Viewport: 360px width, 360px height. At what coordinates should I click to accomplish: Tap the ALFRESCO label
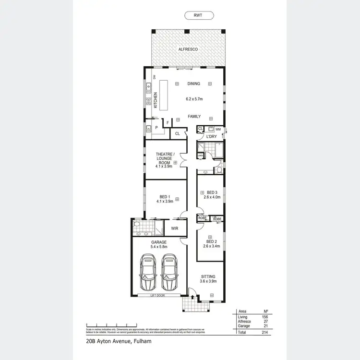(x=188, y=49)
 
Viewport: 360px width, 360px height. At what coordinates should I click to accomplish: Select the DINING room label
(x=193, y=84)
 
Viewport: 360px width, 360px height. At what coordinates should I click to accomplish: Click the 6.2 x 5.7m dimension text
(x=194, y=99)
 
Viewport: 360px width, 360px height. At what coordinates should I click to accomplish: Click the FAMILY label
(x=194, y=117)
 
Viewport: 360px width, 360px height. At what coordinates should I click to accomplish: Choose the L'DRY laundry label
(x=212, y=137)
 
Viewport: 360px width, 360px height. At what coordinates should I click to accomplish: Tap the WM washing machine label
(x=218, y=129)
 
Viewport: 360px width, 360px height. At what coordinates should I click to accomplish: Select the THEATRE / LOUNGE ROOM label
(x=164, y=159)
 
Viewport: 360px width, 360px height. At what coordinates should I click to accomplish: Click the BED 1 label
(x=164, y=196)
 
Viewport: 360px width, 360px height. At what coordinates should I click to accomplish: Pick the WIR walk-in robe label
(x=174, y=228)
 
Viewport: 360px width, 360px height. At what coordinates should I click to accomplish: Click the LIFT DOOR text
(x=156, y=296)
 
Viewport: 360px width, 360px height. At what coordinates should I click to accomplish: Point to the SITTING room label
(x=208, y=276)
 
